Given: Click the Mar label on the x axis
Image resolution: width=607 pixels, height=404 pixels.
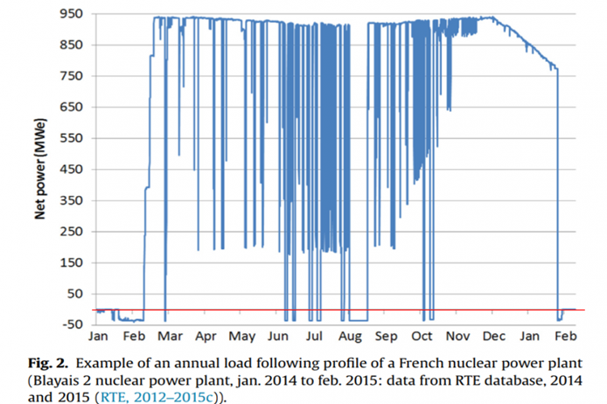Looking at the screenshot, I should click(x=171, y=336).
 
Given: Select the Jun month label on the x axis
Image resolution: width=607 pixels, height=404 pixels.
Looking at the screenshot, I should click(x=280, y=336).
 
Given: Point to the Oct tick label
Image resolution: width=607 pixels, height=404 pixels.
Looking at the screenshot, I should click(x=423, y=336).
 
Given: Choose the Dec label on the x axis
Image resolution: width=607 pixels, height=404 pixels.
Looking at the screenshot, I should click(x=495, y=336).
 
